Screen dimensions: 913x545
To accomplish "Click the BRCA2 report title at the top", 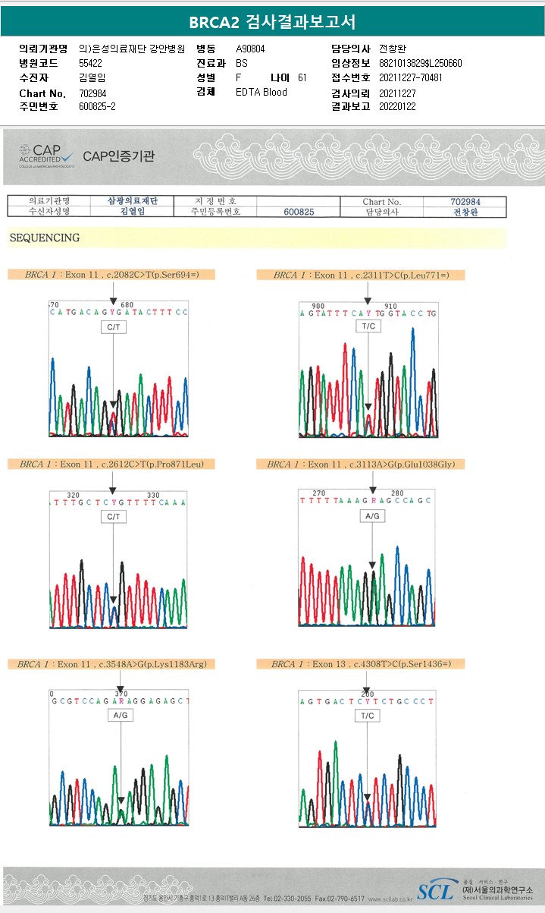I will [x=272, y=22].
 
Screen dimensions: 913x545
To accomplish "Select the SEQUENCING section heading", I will [x=45, y=238].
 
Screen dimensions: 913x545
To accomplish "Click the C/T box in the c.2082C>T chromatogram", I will [x=113, y=327].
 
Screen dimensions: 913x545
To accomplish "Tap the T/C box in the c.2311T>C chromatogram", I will [x=368, y=326].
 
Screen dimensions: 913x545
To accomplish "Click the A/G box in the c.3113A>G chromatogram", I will [x=372, y=516].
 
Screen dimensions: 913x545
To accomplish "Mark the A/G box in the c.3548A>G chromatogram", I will [x=121, y=716].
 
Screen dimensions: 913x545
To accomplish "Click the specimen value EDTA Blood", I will [x=262, y=92].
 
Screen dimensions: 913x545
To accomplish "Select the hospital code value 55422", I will [x=90, y=64].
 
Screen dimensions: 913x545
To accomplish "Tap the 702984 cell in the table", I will [x=465, y=202].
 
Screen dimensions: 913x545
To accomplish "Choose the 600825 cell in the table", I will [x=299, y=213].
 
